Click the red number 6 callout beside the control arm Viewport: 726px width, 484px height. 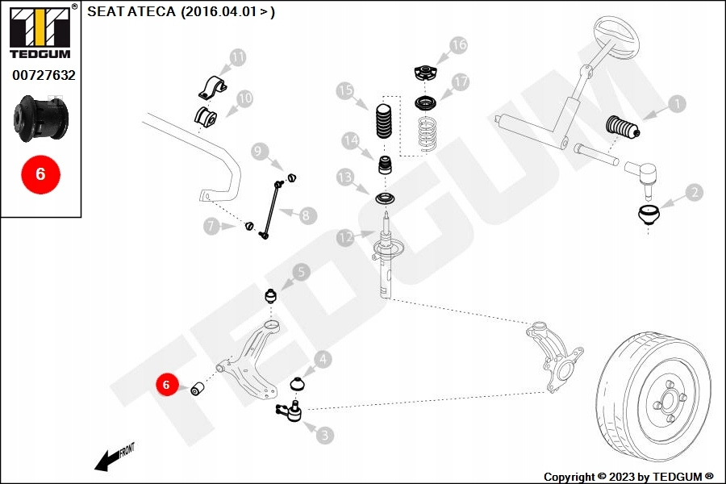coord(166,385)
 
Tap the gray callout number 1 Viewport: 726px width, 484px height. coord(676,103)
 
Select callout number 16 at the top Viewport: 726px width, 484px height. coord(458,45)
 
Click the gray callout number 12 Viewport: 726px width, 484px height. coord(345,237)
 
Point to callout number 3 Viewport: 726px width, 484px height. coord(323,435)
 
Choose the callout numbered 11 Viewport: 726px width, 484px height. coord(237,57)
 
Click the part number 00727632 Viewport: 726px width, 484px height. coord(44,75)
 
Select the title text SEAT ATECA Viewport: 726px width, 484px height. coord(132,12)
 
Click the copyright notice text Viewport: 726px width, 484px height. coord(628,476)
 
